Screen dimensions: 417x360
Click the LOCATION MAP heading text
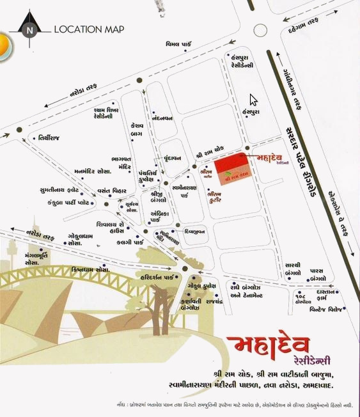(89, 29)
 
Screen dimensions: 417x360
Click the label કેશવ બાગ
(137, 128)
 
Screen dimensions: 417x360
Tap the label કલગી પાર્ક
(115, 243)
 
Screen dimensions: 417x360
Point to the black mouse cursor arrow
(253, 100)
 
